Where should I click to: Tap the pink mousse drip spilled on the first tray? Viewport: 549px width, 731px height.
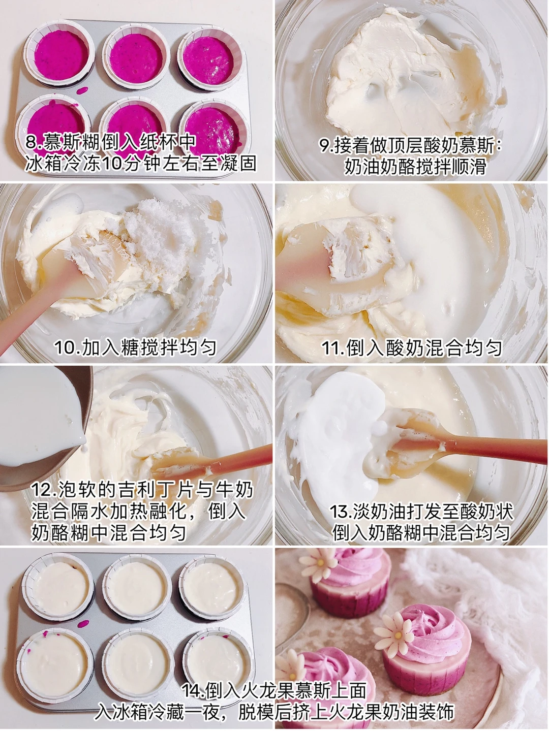(x=82, y=90)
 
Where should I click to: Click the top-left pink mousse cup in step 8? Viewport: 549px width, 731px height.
(x=59, y=55)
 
